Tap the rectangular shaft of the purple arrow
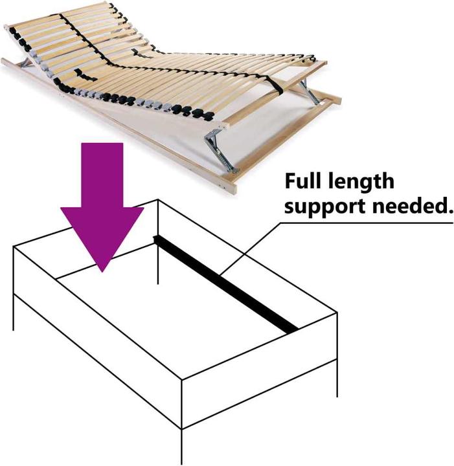pos(102,175)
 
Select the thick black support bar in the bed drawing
pos(225,284)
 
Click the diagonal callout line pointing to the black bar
pos(251,248)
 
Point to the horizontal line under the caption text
pos(367,223)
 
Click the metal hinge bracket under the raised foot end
pos(309,91)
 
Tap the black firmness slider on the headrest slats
pos(86,75)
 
